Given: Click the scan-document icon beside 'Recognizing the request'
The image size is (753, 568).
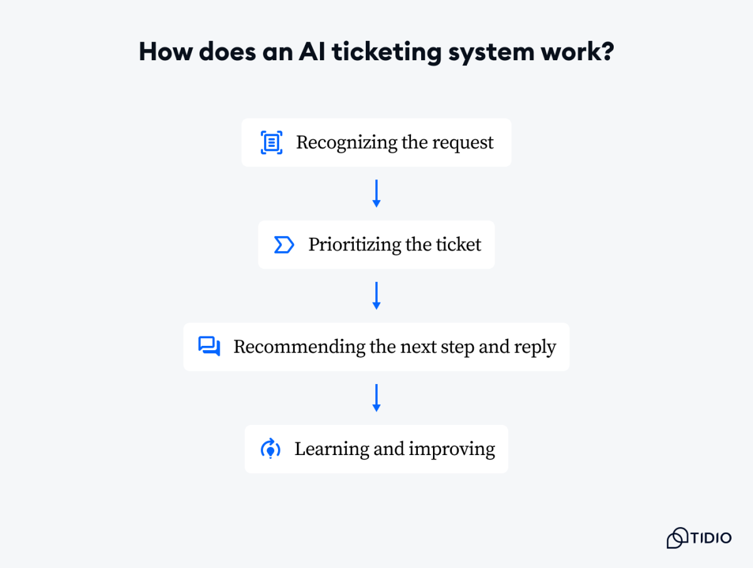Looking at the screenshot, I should pos(271,142).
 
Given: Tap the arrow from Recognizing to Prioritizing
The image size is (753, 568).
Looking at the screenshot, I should pos(376,193).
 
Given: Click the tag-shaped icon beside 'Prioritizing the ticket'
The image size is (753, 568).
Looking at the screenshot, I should pos(284,245).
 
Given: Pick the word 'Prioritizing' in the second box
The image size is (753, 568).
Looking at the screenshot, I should pos(355,245).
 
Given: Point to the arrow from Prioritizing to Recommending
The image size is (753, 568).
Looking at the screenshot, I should pos(376,296).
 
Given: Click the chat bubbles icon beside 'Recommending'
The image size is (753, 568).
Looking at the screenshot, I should pos(209,346).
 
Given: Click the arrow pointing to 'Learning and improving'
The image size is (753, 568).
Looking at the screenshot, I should pos(376,398).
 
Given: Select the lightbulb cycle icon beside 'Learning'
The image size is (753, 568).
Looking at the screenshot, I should pos(270,449).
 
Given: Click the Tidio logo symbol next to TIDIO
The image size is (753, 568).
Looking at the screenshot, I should pos(678,538).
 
